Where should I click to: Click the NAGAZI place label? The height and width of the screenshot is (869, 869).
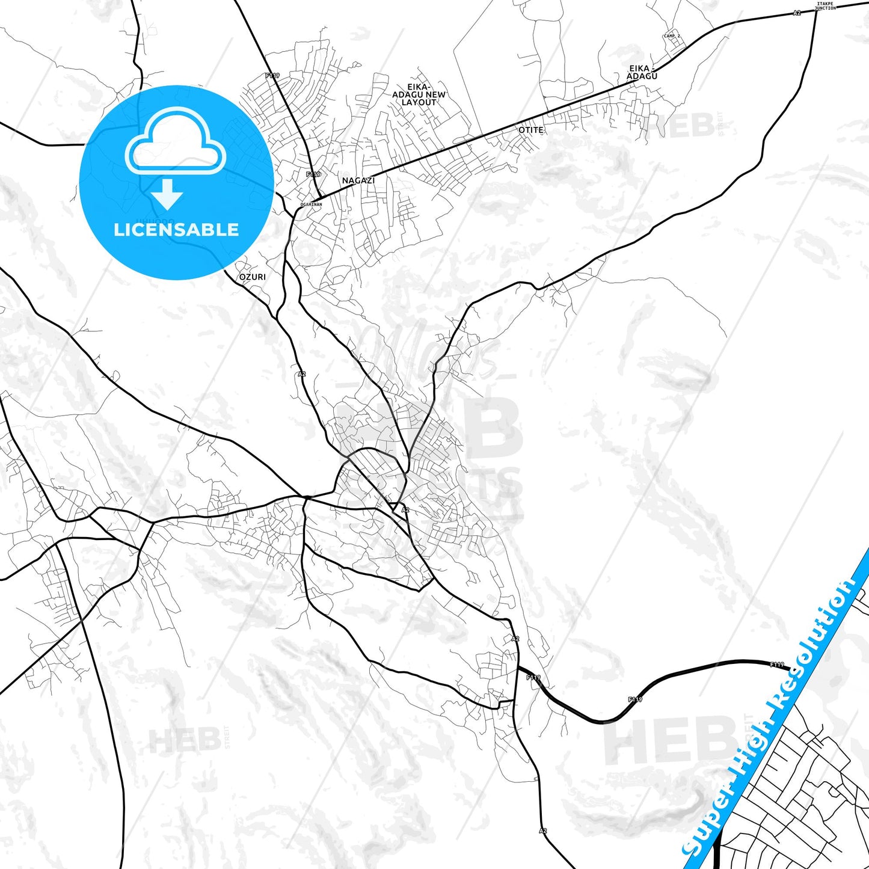358,180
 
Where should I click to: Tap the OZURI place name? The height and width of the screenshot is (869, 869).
252,277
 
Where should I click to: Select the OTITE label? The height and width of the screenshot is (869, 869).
531,130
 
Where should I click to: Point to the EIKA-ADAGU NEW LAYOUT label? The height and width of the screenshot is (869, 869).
419,95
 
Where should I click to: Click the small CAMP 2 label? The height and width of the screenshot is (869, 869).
672,36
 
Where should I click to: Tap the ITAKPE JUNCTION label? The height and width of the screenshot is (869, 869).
825,6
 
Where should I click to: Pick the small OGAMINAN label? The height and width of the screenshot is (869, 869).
312,204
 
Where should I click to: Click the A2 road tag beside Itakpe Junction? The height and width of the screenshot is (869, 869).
797,13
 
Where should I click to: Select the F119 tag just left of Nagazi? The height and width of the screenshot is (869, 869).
313,174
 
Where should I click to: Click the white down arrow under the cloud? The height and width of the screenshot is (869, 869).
167,194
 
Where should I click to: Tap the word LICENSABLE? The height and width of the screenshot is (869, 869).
176,230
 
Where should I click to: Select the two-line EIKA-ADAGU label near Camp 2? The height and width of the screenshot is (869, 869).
642,72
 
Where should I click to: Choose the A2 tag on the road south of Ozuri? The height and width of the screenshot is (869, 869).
302,374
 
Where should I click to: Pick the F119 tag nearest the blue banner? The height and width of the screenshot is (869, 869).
777,665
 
